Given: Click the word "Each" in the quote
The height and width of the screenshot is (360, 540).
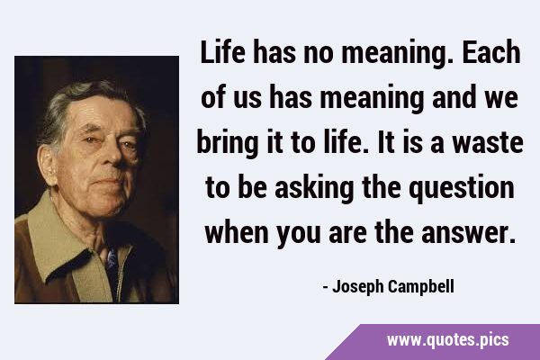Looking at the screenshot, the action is [491, 52].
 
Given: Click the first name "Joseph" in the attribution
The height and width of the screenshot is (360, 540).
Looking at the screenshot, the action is [355, 287].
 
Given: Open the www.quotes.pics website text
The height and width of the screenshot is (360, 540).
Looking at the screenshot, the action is [447, 340].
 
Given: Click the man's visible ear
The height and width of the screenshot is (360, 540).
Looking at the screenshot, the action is [47, 166].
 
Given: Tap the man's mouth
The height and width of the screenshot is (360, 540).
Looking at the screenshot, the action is [105, 181].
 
